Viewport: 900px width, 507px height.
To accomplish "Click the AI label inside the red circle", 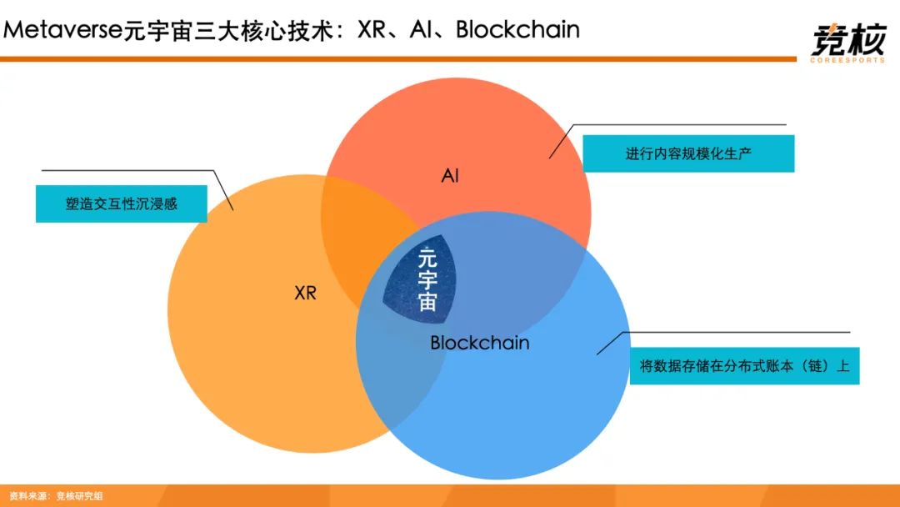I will (450, 176).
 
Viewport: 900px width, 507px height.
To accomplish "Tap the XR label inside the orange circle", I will (306, 294).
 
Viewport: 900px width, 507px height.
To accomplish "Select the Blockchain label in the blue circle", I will (479, 343).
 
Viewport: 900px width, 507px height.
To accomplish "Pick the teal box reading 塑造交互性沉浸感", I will (122, 203).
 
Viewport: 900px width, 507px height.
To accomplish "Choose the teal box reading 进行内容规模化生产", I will (688, 154).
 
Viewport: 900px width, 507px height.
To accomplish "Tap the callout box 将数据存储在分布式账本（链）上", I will (744, 366).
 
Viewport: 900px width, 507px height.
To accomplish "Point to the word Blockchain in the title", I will (517, 30).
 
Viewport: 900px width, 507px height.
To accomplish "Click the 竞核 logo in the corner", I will (846, 38).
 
